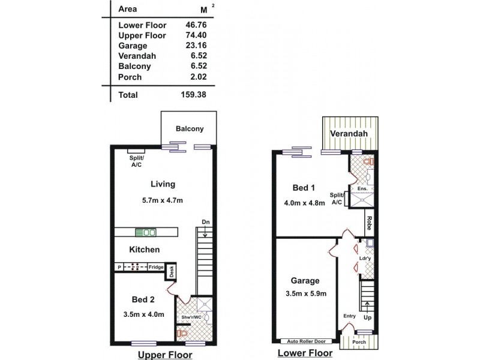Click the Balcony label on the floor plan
tap(190, 128)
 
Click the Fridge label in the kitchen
tap(156, 266)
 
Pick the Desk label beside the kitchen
tap(172, 272)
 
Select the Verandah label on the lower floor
tap(348, 134)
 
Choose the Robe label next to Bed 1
tap(370, 223)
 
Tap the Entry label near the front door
tap(349, 316)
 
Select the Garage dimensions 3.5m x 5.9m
tap(305, 293)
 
